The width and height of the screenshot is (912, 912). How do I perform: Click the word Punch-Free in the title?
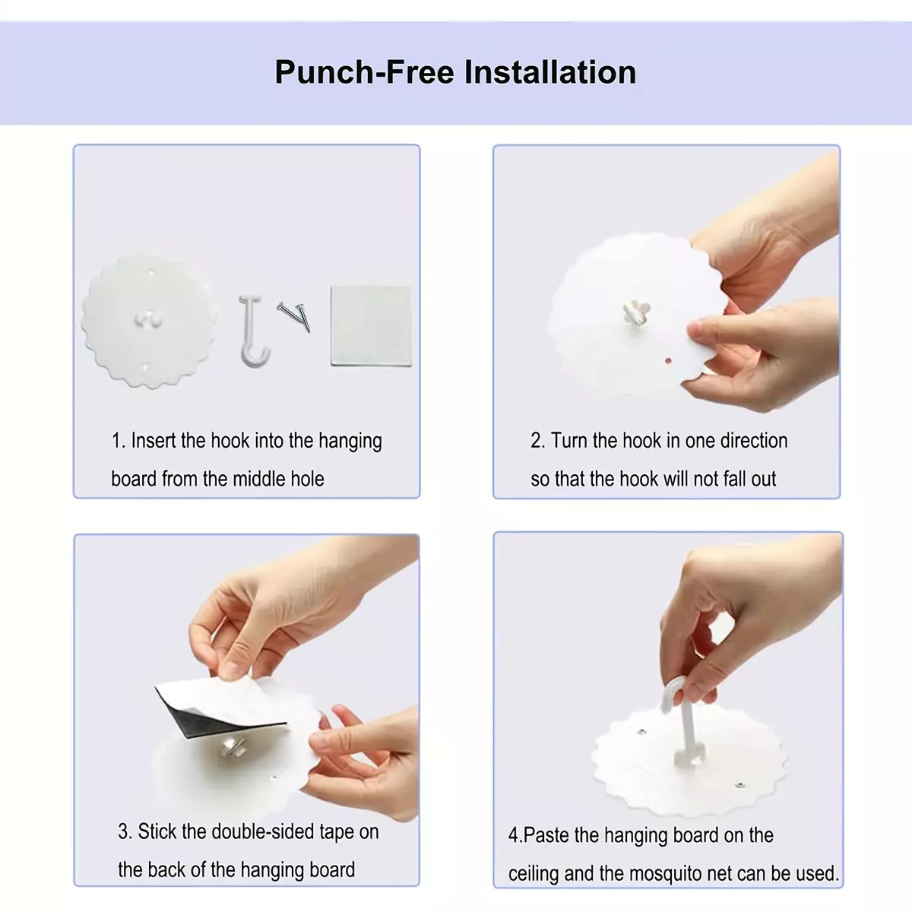tap(365, 72)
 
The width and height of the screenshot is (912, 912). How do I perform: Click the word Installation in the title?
tap(550, 72)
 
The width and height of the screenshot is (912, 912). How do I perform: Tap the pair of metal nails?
tap(294, 316)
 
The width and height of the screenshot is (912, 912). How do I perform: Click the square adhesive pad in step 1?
tap(371, 326)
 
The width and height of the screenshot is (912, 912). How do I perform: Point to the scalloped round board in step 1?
tap(149, 321)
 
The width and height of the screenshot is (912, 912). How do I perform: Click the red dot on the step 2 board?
tap(668, 361)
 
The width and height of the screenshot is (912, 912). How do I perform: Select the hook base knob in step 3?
tap(233, 747)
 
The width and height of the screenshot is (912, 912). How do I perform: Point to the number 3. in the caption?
tap(125, 831)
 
